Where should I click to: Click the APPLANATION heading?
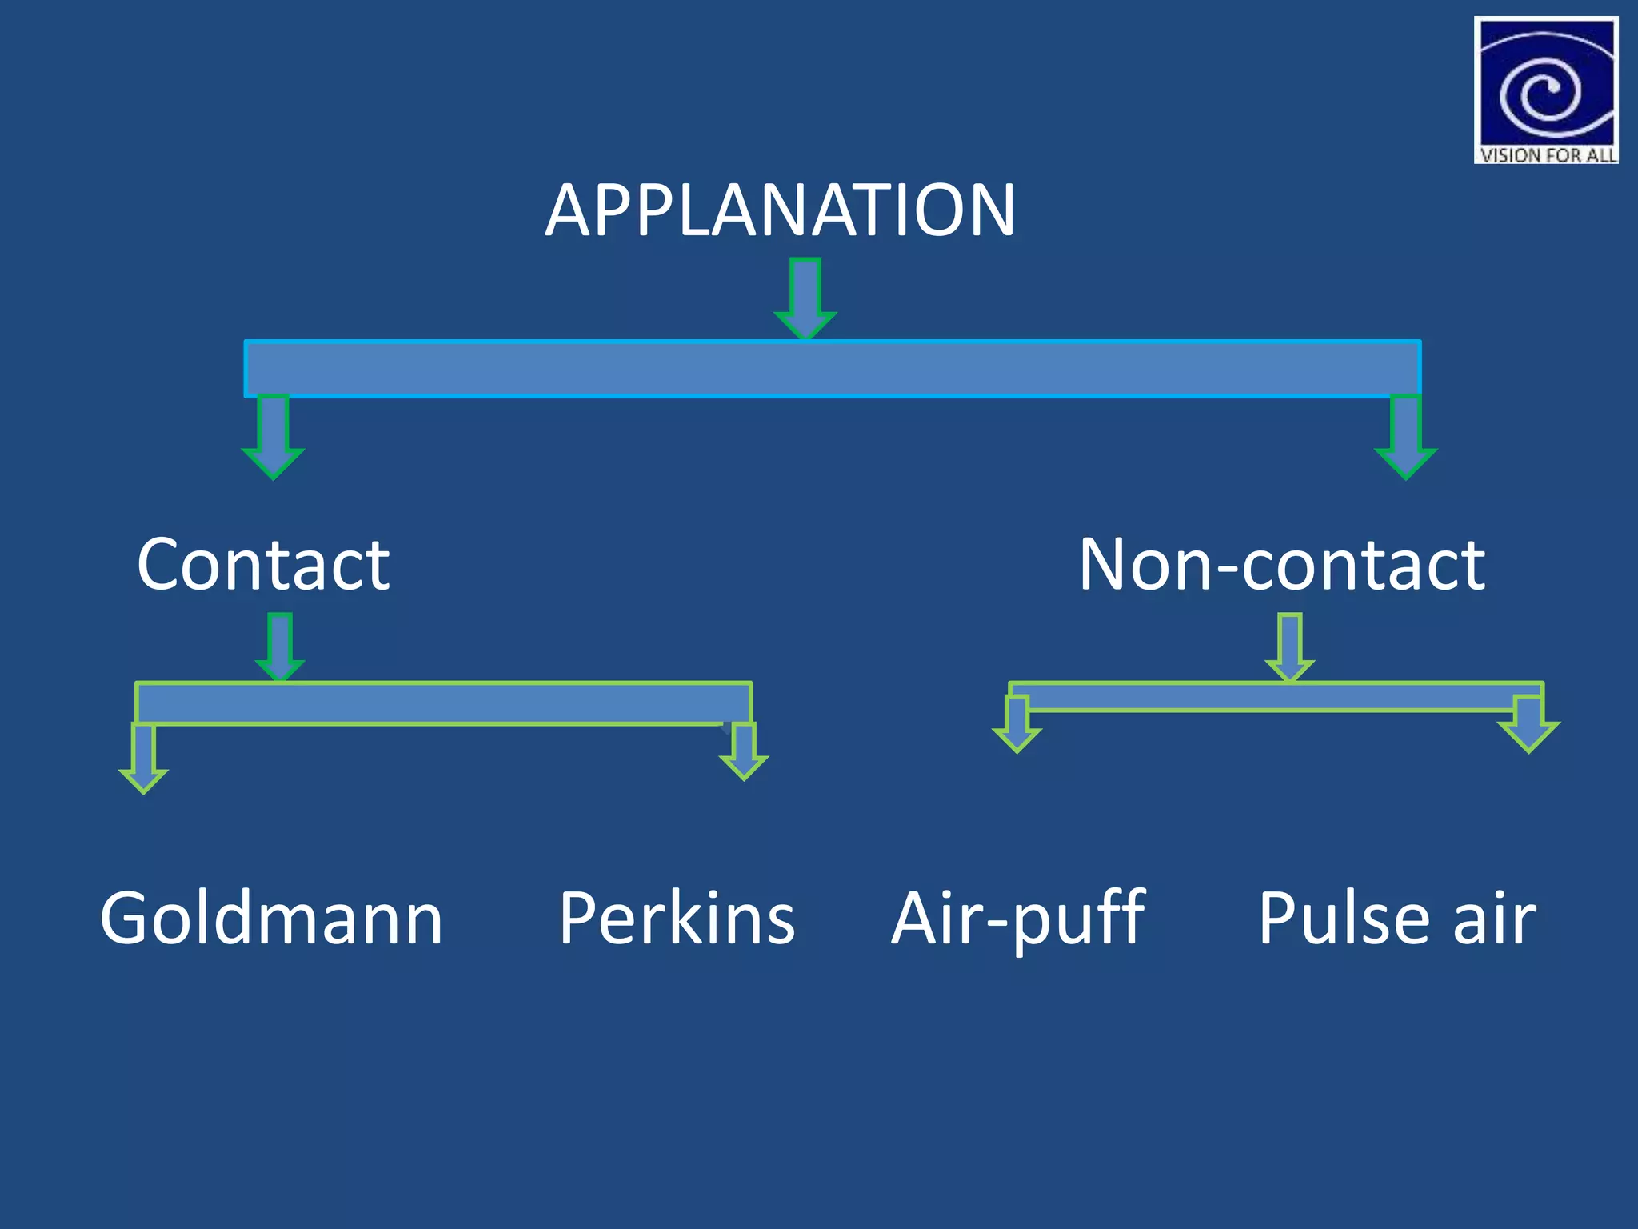[x=780, y=210]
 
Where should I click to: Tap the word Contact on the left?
[x=263, y=565]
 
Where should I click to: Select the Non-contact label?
[x=1281, y=565]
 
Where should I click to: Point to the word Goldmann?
[x=271, y=918]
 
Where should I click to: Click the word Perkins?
[x=677, y=918]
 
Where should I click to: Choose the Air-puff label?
[x=1017, y=918]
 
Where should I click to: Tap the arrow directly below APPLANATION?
[x=805, y=298]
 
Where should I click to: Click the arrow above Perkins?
[x=744, y=751]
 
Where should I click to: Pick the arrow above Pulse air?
[x=1528, y=724]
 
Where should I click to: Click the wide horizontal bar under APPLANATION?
[x=832, y=369]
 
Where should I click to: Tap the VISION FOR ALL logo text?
[x=1547, y=155]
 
